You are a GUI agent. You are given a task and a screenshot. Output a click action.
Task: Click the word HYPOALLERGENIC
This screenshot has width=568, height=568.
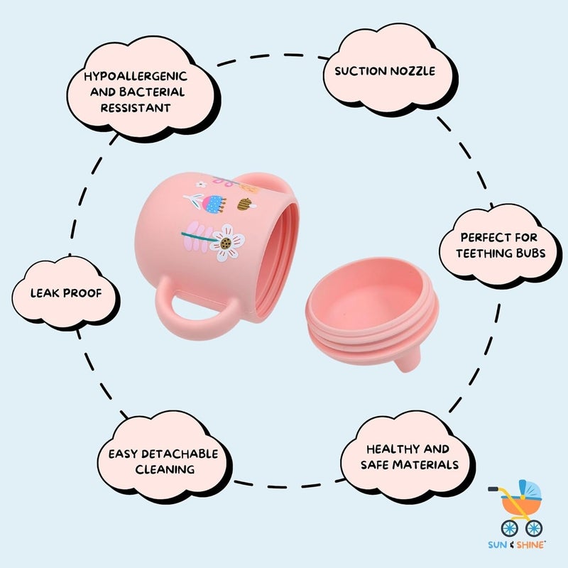136,76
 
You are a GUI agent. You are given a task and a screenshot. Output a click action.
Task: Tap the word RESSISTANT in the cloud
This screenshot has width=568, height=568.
136,108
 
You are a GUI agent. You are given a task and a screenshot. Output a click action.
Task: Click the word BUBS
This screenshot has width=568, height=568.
528,253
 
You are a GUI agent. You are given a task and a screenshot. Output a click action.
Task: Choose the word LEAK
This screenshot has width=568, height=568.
45,293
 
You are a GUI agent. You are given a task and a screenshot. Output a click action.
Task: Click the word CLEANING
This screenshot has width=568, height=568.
165,470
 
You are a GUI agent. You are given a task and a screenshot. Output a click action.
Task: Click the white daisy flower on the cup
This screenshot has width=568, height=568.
227,243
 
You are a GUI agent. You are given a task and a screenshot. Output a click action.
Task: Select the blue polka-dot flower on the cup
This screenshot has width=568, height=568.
213,204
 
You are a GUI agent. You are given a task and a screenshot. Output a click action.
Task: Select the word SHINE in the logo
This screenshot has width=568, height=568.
530,545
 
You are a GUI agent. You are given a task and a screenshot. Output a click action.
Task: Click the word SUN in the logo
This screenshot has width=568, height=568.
497,545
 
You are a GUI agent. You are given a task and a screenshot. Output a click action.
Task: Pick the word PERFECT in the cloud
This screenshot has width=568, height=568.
480,238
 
